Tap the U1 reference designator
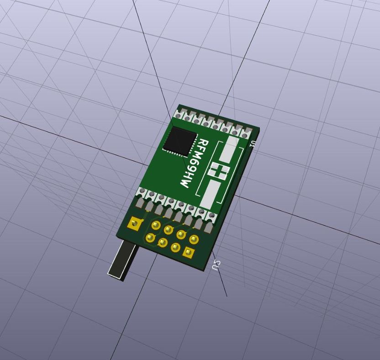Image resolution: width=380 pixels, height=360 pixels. coord(253,143)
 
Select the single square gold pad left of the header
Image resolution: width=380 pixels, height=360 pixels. coord(134,223)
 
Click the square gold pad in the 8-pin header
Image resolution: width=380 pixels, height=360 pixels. coord(188,252)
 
